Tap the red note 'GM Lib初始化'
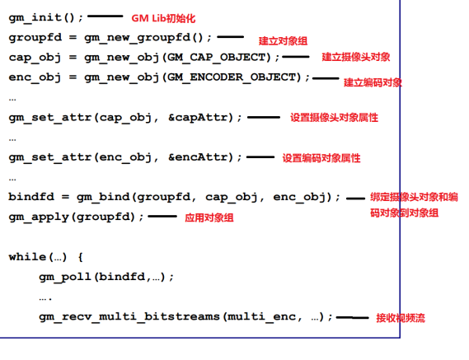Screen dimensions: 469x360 (163, 18)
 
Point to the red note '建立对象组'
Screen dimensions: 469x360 (283, 41)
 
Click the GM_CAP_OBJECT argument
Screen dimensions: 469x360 (219, 57)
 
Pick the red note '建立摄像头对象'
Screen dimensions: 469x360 (356, 57)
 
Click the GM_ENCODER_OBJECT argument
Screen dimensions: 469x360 (234, 77)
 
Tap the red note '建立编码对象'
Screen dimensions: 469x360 (373, 82)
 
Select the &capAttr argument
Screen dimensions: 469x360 (200, 117)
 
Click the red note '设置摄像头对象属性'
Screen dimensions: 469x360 (334, 118)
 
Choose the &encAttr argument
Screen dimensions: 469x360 (200, 157)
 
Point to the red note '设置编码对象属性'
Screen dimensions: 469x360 (321, 158)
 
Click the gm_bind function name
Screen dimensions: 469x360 (103, 198)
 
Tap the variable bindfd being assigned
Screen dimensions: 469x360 (31, 197)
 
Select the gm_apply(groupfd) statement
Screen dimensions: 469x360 (77, 217)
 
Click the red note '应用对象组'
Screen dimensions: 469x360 (209, 217)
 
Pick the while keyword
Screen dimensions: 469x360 (27, 256)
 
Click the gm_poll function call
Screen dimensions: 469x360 (106, 277)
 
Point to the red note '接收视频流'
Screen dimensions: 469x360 (401, 318)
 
